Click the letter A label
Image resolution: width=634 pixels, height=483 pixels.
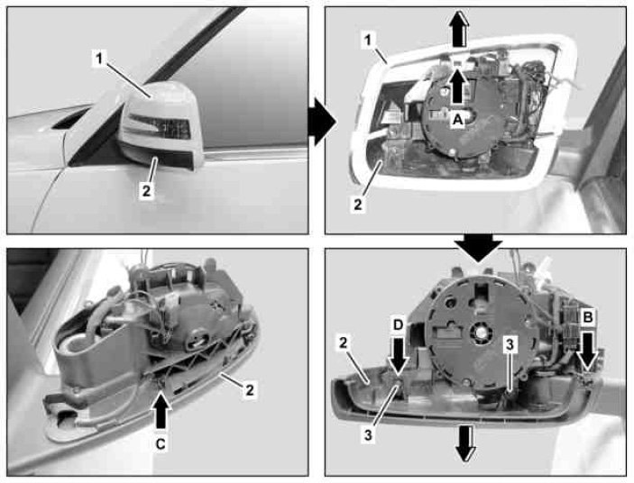point(457,120)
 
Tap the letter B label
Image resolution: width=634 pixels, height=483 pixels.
point(587,317)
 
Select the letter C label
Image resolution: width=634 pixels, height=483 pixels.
point(161,444)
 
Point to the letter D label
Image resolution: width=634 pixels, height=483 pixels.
point(399,324)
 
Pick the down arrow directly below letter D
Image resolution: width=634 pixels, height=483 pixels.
point(399,355)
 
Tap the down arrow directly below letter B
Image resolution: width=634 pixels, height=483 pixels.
point(587,350)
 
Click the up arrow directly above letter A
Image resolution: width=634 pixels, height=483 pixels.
point(457,87)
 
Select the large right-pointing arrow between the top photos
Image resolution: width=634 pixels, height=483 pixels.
point(322,121)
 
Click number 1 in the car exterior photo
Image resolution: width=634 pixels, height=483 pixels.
point(99,59)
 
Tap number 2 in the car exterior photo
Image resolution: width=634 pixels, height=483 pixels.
point(145,190)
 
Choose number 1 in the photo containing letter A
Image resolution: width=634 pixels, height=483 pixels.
point(368,40)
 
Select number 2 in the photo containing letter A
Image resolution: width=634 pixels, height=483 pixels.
point(358,204)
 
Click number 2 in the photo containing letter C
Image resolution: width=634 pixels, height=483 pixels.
point(250,390)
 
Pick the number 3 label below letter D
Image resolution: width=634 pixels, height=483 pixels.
point(368,435)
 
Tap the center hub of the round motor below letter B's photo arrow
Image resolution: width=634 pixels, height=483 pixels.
point(481,333)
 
